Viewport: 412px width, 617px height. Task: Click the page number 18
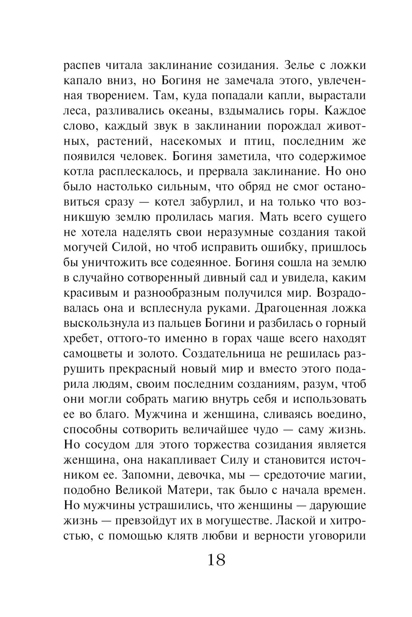(216, 560)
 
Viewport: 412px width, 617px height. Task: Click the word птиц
(255, 141)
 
